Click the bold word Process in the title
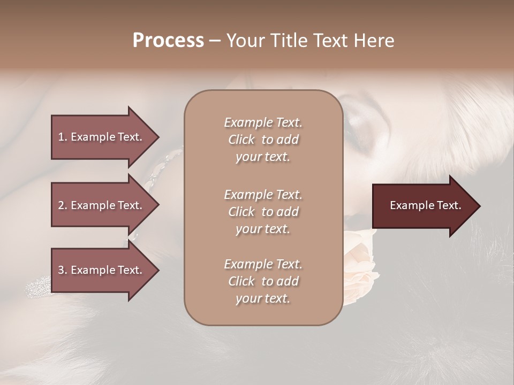[x=168, y=41]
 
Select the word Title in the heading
[x=289, y=41]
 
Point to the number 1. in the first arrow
[x=63, y=137]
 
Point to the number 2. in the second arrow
[x=63, y=205]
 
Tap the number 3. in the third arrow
[x=63, y=270]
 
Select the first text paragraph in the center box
[x=263, y=140]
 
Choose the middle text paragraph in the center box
[x=263, y=211]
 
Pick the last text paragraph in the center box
[x=263, y=281]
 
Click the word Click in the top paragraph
[x=241, y=140]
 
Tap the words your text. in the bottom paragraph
[x=263, y=298]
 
